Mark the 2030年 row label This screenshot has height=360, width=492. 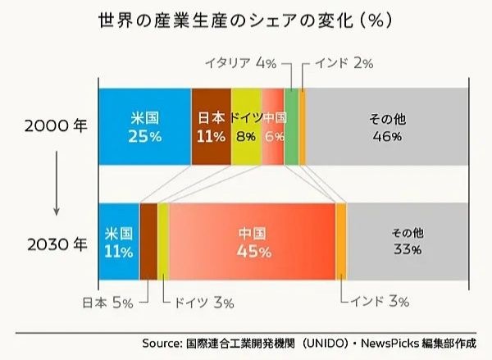coord(56,244)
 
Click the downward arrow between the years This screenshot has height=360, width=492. coord(56,185)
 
